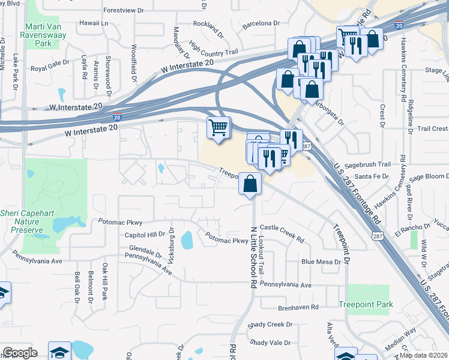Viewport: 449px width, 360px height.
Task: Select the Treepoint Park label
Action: pyautogui.click(x=366, y=304)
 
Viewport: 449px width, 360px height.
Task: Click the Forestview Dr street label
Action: pyautogui.click(x=125, y=11)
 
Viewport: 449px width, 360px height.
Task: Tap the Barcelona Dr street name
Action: pyautogui.click(x=261, y=24)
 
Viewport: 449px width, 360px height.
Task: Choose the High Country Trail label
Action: pyautogui.click(x=209, y=48)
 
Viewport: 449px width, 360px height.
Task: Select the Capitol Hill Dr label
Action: pyautogui.click(x=144, y=235)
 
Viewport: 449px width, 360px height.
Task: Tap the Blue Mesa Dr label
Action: pyautogui.click(x=321, y=262)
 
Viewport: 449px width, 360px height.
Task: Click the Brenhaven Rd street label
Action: pyautogui.click(x=298, y=308)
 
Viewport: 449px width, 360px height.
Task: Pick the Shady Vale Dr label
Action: pyautogui.click(x=271, y=343)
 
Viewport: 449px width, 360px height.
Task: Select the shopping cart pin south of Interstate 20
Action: pyautogui.click(x=218, y=128)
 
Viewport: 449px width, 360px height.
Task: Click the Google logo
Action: pyautogui.click(x=20, y=353)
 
